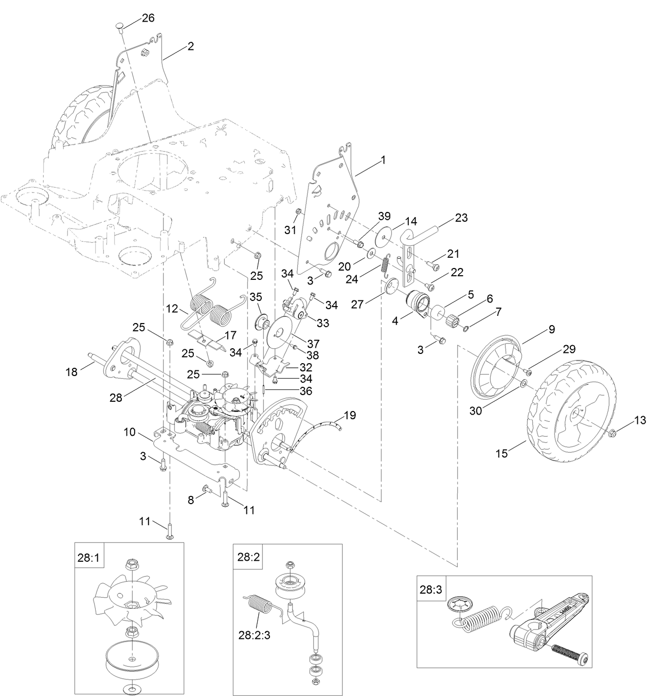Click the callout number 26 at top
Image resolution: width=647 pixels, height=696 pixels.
(x=134, y=18)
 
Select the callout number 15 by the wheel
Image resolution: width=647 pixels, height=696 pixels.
(x=501, y=453)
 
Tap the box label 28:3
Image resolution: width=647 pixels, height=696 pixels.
(x=430, y=590)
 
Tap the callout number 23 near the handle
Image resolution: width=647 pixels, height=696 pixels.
(x=461, y=218)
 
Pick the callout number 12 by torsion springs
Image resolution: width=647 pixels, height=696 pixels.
(x=172, y=309)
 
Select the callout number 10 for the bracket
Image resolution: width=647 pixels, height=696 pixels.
(x=129, y=432)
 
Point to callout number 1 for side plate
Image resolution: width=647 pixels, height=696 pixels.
(x=382, y=160)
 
